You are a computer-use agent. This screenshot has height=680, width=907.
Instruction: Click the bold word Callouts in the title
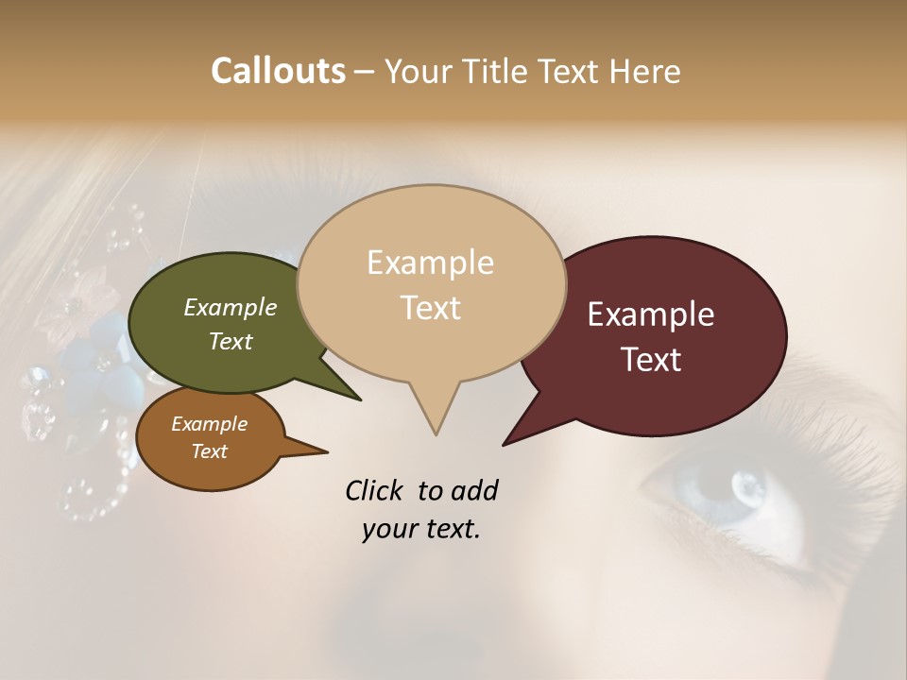tap(278, 71)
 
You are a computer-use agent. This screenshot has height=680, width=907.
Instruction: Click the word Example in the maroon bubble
tap(651, 314)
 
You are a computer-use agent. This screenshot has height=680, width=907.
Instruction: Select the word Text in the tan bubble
tap(431, 308)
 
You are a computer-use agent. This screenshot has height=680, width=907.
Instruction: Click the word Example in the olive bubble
tap(231, 307)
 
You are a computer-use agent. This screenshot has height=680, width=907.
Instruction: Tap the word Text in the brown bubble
tap(210, 451)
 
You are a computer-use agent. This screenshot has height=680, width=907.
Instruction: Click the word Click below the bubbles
tap(376, 490)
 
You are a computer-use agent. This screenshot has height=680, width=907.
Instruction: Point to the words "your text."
tap(421, 529)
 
